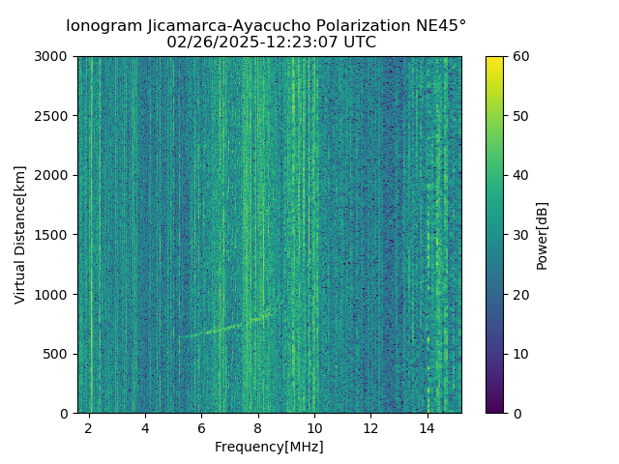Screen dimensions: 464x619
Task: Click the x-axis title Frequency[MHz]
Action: [269, 447]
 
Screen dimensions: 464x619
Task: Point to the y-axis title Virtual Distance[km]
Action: [20, 235]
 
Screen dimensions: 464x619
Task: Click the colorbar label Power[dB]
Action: [543, 235]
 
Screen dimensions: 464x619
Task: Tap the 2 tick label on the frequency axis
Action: [89, 427]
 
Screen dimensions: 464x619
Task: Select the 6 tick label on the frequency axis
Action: [201, 427]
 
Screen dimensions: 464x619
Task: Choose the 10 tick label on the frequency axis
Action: [314, 427]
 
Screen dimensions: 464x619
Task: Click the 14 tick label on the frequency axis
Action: [427, 427]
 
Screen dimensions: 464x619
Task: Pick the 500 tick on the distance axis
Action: [59, 354]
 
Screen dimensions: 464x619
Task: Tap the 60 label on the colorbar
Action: [519, 56]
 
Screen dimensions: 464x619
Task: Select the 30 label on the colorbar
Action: [519, 235]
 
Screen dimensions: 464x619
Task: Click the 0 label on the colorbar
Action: [516, 413]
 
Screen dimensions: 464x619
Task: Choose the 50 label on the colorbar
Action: [519, 116]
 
